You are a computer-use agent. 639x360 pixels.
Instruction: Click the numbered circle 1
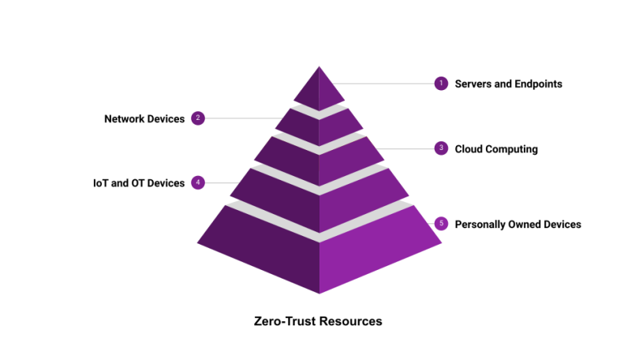click(441, 83)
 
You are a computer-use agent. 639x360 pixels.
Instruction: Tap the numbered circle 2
click(198, 118)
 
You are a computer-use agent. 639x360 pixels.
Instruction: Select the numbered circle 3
click(441, 148)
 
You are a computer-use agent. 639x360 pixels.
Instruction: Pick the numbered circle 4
click(198, 182)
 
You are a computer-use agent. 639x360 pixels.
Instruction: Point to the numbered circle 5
click(441, 224)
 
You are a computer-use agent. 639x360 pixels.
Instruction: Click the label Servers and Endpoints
click(508, 84)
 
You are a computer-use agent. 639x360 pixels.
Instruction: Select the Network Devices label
click(144, 119)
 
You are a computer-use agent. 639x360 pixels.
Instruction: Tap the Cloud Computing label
click(496, 148)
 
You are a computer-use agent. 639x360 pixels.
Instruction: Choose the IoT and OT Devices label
click(139, 183)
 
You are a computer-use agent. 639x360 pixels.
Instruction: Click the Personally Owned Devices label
click(518, 224)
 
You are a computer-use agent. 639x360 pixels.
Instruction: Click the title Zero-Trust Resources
click(318, 321)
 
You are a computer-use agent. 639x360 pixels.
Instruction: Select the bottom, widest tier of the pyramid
click(319, 249)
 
